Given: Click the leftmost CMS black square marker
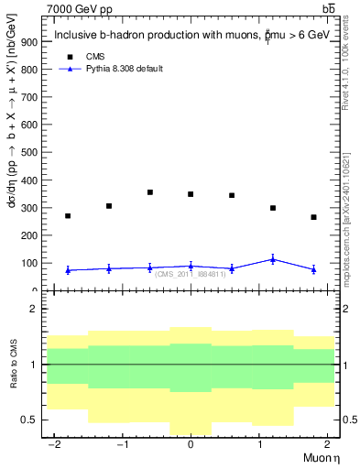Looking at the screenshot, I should (68, 216).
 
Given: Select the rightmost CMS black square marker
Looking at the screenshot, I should (313, 217).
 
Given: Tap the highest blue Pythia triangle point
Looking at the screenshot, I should (272, 259).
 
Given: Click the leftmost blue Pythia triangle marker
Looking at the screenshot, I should (68, 270).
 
